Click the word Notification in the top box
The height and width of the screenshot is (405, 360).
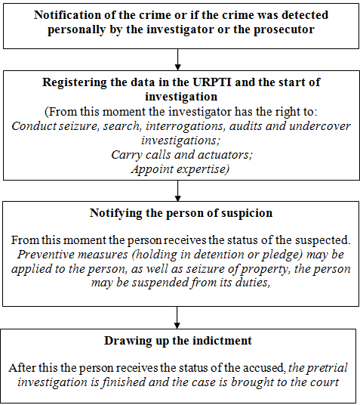(x=67, y=14)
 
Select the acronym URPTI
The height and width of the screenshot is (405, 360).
(x=212, y=82)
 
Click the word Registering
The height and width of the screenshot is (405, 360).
(x=74, y=83)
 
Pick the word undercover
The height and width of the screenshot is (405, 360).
(x=320, y=125)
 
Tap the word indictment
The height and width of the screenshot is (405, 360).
(x=223, y=341)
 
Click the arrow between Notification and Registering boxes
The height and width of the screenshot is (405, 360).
(x=178, y=60)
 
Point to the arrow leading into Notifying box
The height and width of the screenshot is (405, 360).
(x=178, y=190)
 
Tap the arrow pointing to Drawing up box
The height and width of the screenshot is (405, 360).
(x=177, y=317)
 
